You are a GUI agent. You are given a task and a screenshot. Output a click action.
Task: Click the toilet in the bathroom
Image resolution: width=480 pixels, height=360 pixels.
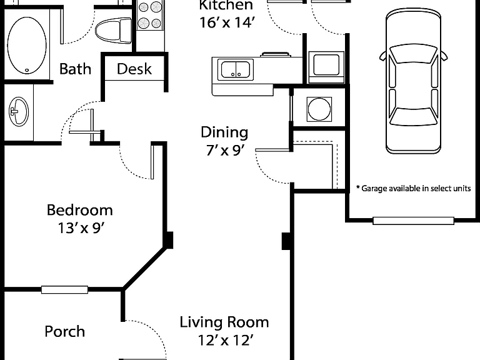click(x=113, y=31)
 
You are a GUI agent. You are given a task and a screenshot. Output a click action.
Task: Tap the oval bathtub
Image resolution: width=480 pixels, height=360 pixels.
click(x=27, y=45)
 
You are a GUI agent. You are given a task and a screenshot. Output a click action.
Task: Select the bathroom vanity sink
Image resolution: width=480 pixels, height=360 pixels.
click(x=19, y=111)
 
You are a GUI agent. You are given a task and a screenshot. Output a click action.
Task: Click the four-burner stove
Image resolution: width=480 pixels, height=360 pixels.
click(x=150, y=15)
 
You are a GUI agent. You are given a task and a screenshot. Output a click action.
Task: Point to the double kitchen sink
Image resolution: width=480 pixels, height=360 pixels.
click(x=236, y=70)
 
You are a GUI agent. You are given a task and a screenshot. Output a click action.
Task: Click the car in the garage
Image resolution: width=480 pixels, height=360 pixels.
click(x=413, y=81)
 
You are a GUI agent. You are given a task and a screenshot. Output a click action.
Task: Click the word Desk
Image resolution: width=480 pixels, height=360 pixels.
click(x=134, y=69)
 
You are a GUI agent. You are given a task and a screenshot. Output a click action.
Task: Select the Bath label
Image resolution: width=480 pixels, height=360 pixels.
click(x=75, y=69)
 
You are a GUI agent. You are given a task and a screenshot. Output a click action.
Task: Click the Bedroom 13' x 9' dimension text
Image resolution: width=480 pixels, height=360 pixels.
click(x=81, y=227)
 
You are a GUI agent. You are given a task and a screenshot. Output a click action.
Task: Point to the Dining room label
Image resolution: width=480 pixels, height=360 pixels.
click(x=224, y=132)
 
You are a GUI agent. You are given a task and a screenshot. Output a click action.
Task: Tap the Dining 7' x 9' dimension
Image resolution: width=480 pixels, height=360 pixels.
click(x=225, y=150)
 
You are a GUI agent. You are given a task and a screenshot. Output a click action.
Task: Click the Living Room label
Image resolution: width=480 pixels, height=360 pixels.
click(x=224, y=322)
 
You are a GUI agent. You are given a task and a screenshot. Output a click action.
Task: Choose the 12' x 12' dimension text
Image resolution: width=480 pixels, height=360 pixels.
click(x=226, y=340)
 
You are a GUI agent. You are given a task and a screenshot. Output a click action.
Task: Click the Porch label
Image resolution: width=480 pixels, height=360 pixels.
click(x=64, y=331)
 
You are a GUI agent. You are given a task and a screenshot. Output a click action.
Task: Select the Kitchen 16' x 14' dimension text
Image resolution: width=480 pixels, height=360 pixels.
click(x=227, y=22)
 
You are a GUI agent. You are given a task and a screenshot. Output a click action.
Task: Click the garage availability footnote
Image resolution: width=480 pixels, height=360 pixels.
click(x=414, y=188)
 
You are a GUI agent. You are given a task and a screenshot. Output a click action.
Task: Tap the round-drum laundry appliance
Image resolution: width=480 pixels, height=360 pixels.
click(x=319, y=109)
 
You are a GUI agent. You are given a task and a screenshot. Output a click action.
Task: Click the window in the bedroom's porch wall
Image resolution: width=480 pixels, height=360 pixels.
click(x=64, y=289)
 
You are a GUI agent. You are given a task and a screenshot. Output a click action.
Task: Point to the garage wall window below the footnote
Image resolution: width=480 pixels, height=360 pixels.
click(x=413, y=221)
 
